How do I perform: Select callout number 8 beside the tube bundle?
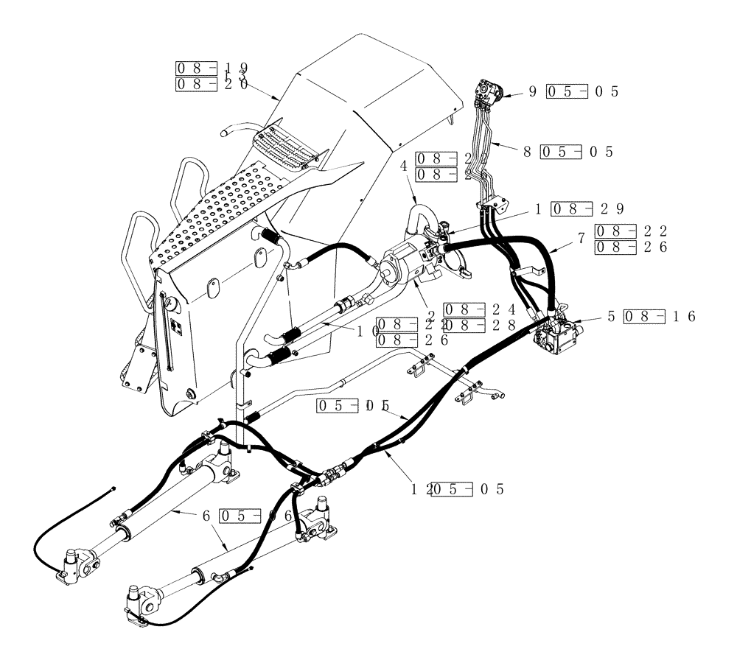(x=527, y=152)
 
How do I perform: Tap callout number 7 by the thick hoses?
(x=583, y=238)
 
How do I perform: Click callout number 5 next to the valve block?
(x=611, y=317)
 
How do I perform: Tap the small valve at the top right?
(x=487, y=93)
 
